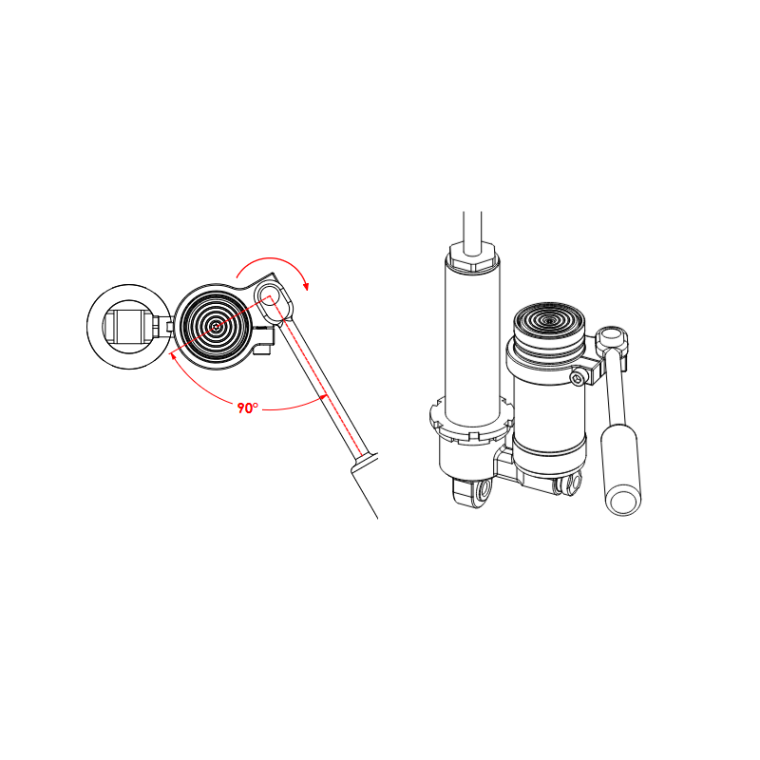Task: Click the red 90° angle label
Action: (248, 408)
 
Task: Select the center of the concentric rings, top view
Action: (217, 327)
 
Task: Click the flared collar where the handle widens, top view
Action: (366, 462)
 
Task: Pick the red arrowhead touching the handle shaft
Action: (324, 397)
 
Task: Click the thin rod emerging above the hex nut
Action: (473, 228)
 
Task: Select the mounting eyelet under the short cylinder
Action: (568, 485)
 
